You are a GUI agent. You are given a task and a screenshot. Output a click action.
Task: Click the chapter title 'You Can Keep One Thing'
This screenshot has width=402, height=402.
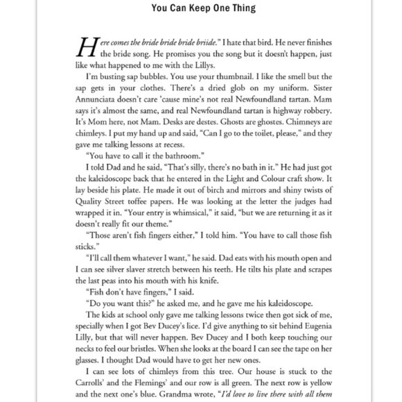coord(201,9)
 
